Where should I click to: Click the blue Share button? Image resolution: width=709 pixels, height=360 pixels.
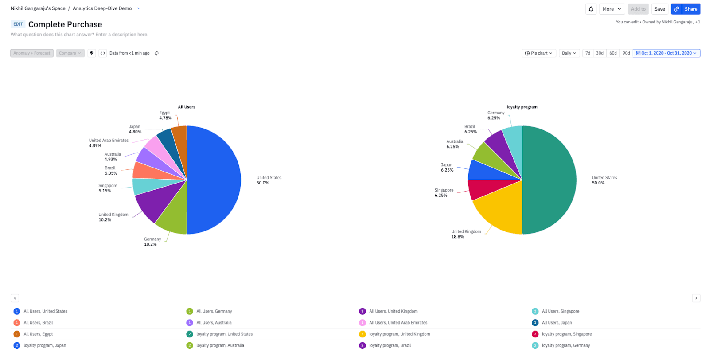point(686,9)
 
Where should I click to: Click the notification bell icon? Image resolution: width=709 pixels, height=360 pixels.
point(591,9)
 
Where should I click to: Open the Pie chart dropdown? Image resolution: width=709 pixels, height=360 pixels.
point(538,53)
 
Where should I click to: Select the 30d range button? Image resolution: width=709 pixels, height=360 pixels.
point(600,53)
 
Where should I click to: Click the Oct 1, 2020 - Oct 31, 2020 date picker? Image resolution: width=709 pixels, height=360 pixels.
point(666,53)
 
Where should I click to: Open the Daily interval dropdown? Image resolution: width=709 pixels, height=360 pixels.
point(569,53)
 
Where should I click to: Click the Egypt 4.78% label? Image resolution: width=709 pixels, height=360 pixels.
point(165,116)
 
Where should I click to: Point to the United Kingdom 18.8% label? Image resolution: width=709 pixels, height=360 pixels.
point(466,234)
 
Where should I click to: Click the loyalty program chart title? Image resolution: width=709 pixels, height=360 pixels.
point(522,107)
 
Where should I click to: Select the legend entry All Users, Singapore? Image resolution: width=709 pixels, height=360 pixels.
point(561,311)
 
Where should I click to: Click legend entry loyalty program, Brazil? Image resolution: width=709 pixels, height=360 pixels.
point(390,345)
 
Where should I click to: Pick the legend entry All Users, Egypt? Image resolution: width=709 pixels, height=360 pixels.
point(38,334)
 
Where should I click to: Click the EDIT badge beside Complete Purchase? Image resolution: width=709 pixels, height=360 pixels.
point(18,24)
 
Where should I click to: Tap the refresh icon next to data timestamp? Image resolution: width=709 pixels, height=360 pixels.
point(156,53)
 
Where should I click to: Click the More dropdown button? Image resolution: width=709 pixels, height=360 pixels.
point(612,9)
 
